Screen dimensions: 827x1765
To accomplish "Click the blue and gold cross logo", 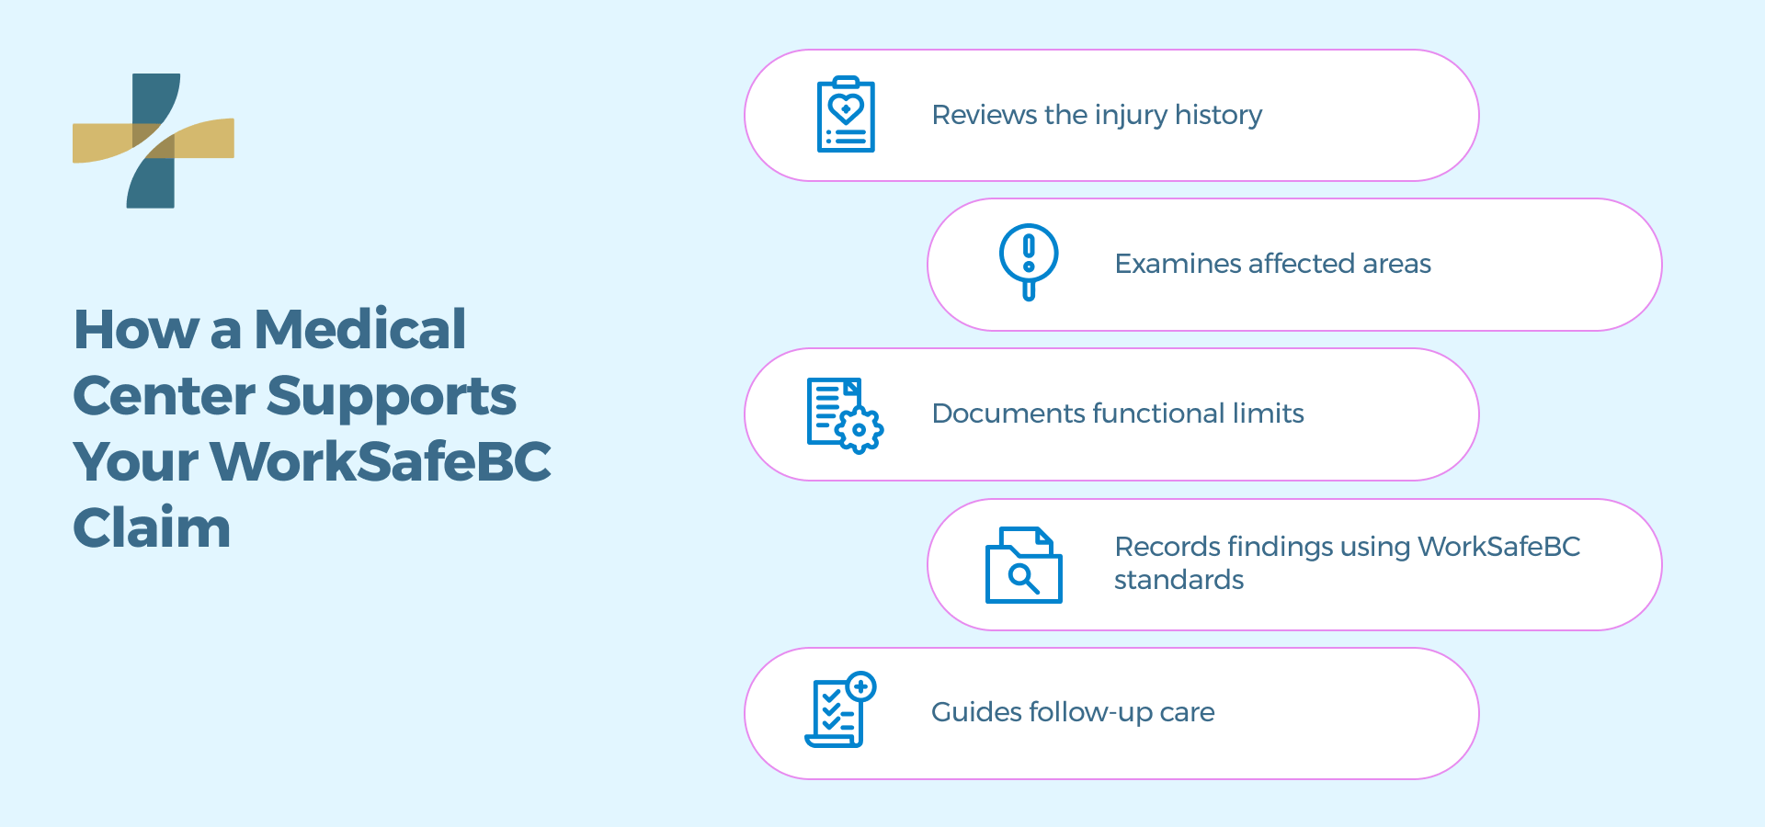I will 154,141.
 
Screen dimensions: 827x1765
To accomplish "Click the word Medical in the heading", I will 359,329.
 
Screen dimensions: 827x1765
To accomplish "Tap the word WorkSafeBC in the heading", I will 381,461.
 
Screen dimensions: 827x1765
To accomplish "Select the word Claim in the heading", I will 152,528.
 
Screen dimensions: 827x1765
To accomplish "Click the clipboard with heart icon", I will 846,115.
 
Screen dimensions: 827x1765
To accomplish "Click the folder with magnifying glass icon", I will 1023,565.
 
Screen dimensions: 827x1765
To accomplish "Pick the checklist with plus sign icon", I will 840,710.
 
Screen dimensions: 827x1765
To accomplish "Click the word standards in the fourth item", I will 1179,580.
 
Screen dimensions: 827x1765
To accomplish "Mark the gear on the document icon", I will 860,429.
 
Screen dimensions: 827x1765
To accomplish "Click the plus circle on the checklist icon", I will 861,686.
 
